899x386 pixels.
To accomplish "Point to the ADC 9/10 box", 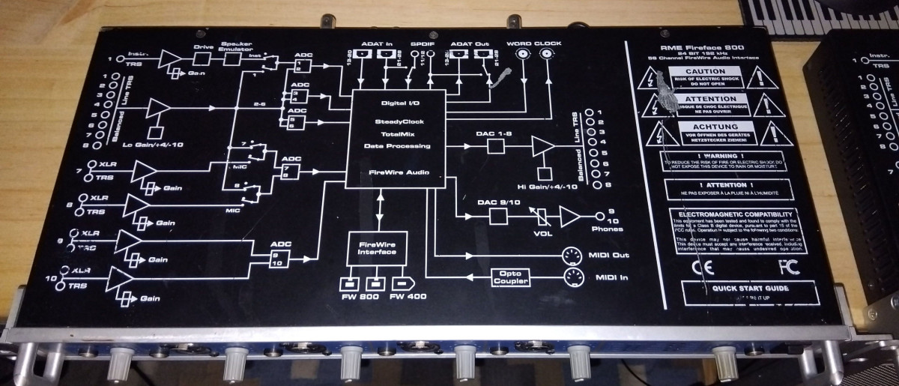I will click(281, 258).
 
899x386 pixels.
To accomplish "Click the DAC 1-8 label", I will click(494, 133).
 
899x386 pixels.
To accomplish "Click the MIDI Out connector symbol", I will click(572, 255).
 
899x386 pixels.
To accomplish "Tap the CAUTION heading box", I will click(705, 71).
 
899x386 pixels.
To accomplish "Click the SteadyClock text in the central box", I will click(396, 121).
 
